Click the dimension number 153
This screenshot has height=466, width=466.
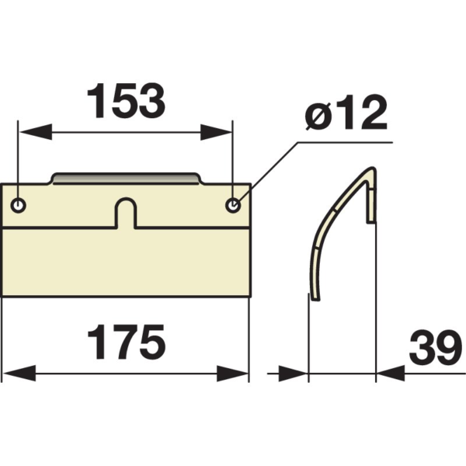126,100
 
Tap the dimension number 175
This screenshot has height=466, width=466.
127,342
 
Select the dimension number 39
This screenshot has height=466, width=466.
436,347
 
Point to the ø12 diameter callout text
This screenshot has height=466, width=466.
346,113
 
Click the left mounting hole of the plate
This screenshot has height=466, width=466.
19,205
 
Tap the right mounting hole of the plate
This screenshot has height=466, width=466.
233,205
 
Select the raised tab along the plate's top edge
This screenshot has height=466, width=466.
126,179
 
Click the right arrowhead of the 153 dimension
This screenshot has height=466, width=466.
216,132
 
